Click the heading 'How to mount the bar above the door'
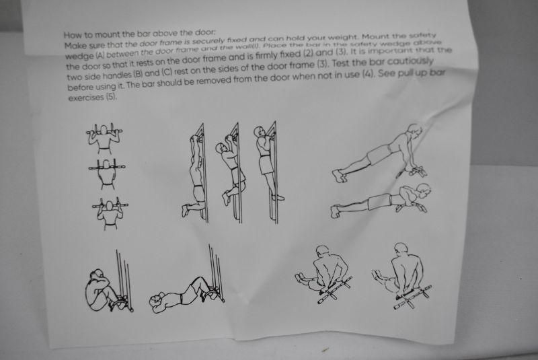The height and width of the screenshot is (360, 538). pyautogui.click(x=140, y=34)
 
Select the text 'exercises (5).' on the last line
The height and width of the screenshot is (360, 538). pyautogui.click(x=93, y=98)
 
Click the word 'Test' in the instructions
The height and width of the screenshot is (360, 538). pyautogui.click(x=342, y=63)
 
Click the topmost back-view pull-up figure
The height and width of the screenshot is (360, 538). pyautogui.click(x=104, y=139)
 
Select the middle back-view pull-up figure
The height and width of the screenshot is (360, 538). pyautogui.click(x=107, y=174)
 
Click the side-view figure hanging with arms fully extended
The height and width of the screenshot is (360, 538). pyautogui.click(x=194, y=174)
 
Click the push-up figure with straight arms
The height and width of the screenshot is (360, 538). pyautogui.click(x=380, y=153)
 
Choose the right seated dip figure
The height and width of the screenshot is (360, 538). pyautogui.click(x=401, y=277)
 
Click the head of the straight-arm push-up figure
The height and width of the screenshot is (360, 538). pyautogui.click(x=414, y=131)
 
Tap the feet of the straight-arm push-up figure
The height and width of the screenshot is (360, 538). pyautogui.click(x=338, y=176)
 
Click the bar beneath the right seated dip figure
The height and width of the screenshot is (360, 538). pyautogui.click(x=412, y=297)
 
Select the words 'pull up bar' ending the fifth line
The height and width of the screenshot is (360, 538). pyautogui.click(x=422, y=73)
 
